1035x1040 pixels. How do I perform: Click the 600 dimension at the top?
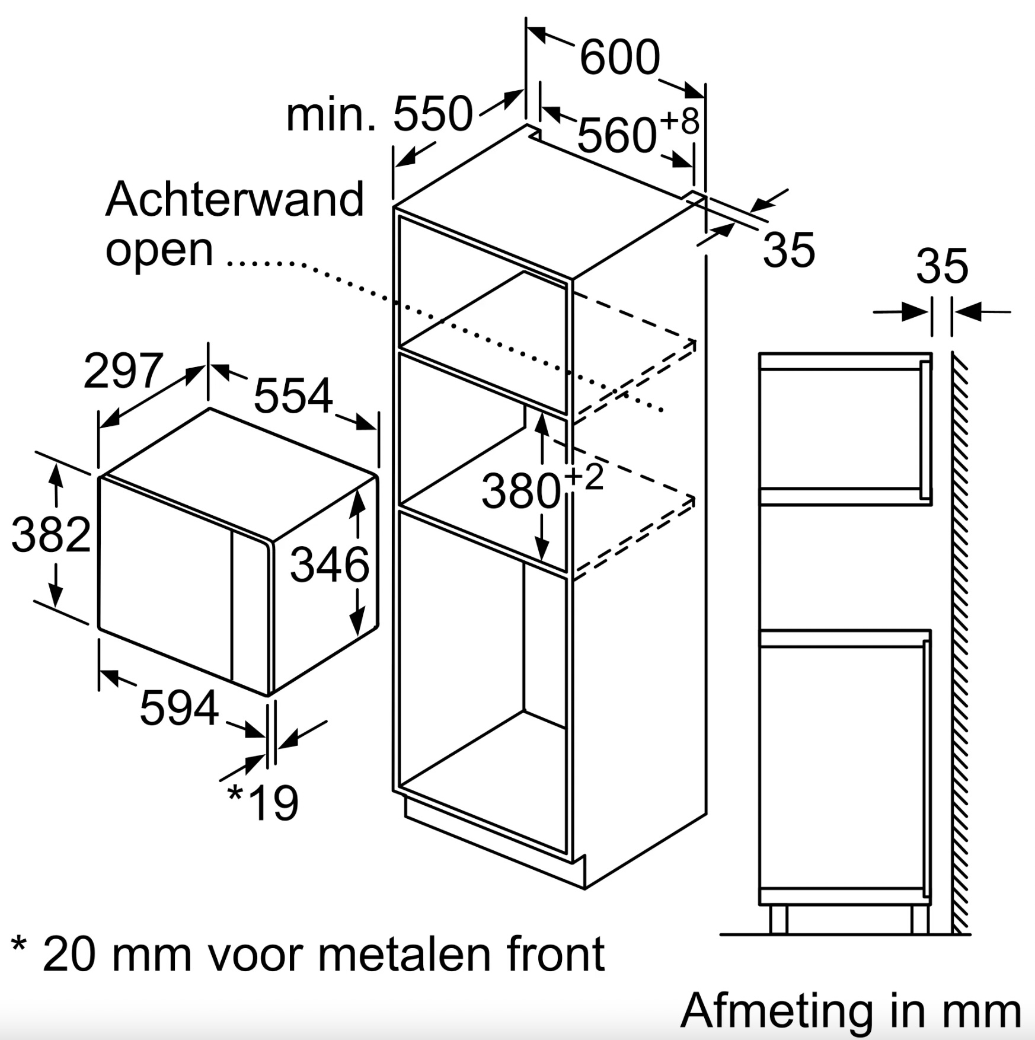(x=619, y=58)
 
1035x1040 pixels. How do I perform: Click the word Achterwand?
(x=235, y=199)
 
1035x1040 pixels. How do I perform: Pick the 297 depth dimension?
(x=123, y=371)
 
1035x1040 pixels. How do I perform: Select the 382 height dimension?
(x=52, y=535)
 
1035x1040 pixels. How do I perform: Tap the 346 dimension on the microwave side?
(x=330, y=564)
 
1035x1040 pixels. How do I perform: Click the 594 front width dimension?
(x=179, y=708)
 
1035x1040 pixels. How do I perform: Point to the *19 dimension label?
(x=263, y=802)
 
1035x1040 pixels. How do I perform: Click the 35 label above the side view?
(x=942, y=266)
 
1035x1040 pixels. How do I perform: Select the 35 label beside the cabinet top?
(x=789, y=250)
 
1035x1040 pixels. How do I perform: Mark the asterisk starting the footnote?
(x=20, y=946)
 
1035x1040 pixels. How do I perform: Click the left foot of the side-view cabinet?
(x=778, y=920)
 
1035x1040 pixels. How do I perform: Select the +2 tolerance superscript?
(x=584, y=477)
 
